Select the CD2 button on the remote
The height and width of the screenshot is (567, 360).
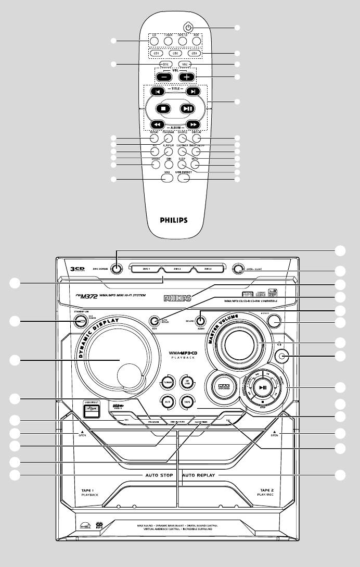click(x=176, y=53)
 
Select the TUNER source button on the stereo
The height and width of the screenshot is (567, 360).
click(x=167, y=381)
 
